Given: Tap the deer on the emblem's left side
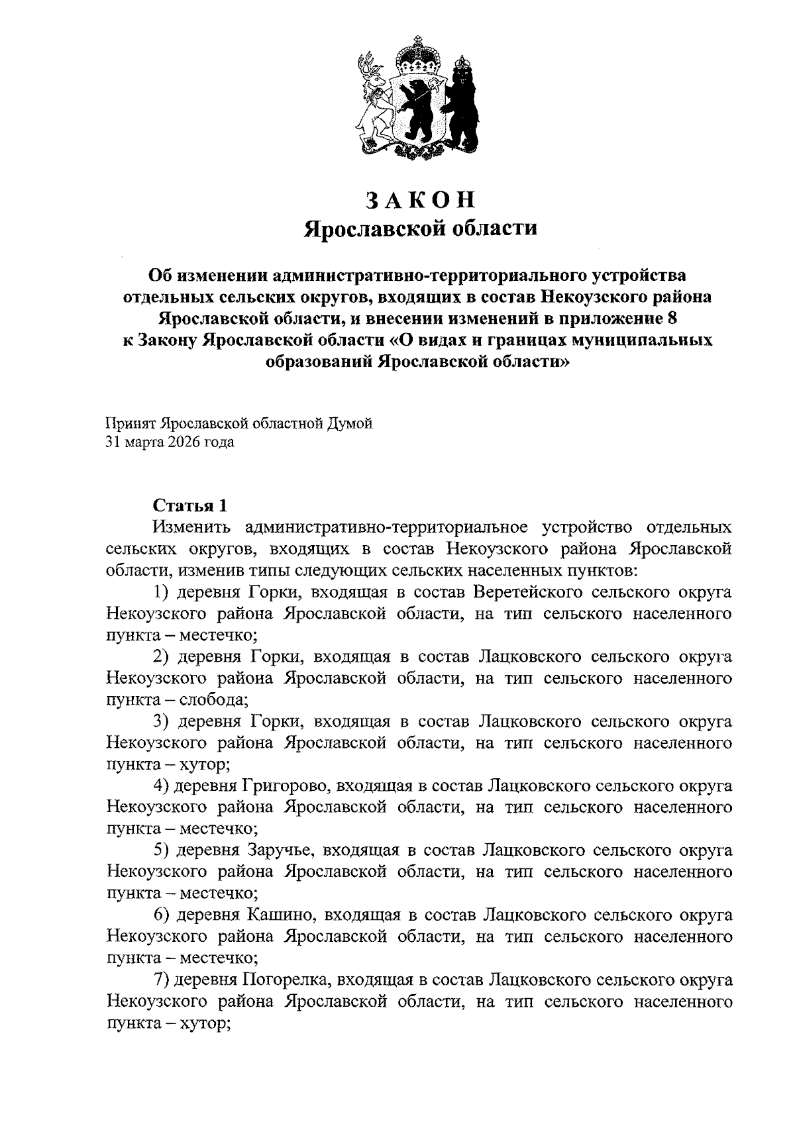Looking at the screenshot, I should click(x=372, y=99).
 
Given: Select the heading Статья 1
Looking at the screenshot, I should click(x=190, y=505).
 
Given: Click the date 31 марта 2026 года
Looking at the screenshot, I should click(x=170, y=442).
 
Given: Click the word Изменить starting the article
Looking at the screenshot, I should click(x=191, y=527).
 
